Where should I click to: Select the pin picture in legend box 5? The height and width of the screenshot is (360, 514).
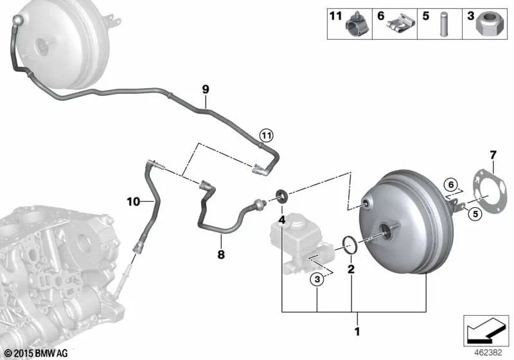[444, 24]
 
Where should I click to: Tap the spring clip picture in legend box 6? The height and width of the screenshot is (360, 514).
[400, 24]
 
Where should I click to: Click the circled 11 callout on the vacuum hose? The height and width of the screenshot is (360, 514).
[266, 135]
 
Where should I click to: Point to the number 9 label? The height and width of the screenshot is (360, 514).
[206, 89]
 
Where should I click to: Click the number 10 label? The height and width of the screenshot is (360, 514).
[134, 202]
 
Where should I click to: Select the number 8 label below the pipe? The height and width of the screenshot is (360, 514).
[221, 254]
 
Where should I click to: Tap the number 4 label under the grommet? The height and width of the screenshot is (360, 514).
[282, 221]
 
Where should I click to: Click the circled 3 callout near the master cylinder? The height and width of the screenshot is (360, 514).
[317, 280]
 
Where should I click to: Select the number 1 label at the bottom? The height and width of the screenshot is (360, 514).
[357, 332]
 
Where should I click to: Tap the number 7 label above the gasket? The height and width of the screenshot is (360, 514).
[493, 155]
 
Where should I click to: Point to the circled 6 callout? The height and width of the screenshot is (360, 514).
[451, 185]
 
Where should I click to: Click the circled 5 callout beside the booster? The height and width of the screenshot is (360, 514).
[475, 215]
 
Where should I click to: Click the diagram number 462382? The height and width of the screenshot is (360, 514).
[488, 353]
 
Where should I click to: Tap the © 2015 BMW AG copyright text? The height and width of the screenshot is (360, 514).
[37, 353]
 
